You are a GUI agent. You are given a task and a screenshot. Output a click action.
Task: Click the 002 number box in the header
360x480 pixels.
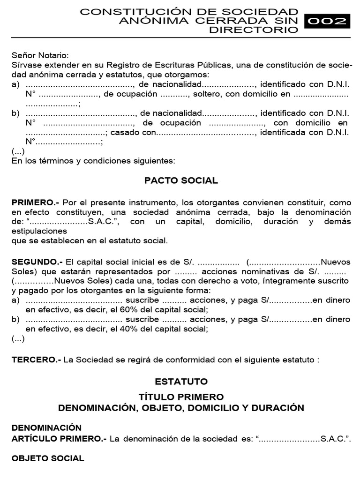(327, 21)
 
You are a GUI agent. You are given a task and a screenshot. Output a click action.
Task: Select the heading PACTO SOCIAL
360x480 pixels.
(181, 180)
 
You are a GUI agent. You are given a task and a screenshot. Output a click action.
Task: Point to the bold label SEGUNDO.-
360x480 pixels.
(38, 261)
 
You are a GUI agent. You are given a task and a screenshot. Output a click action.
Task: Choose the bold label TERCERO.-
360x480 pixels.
(36, 360)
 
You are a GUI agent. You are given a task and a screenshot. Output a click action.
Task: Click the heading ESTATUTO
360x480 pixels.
(181, 382)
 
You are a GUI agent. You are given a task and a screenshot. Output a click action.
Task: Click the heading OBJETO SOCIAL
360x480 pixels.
(48, 458)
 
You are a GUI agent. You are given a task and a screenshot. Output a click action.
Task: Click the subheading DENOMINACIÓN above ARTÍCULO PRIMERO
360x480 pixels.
(46, 427)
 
